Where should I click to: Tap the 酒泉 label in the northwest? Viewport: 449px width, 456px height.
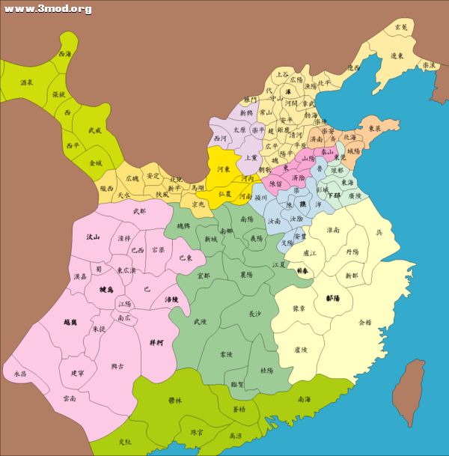pyautogui.click(x=25, y=82)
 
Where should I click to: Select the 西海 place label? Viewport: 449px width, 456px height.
pyautogui.click(x=65, y=55)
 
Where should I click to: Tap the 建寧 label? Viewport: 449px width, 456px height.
pyautogui.click(x=77, y=373)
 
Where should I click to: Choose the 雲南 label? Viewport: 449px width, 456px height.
pyautogui.click(x=70, y=399)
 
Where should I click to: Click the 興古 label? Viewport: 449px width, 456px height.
pyautogui.click(x=117, y=366)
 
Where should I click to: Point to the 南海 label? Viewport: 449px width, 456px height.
pyautogui.click(x=304, y=399)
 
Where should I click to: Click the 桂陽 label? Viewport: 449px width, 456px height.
pyautogui.click(x=266, y=370)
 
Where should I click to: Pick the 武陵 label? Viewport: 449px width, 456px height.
pyautogui.click(x=200, y=322)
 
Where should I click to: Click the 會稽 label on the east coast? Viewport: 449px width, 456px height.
pyautogui.click(x=364, y=323)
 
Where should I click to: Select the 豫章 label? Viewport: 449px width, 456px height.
pyautogui.click(x=298, y=308)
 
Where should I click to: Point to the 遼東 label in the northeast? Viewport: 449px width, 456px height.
pyautogui.click(x=398, y=55)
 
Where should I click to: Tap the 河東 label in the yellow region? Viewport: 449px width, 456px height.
pyautogui.click(x=223, y=170)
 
